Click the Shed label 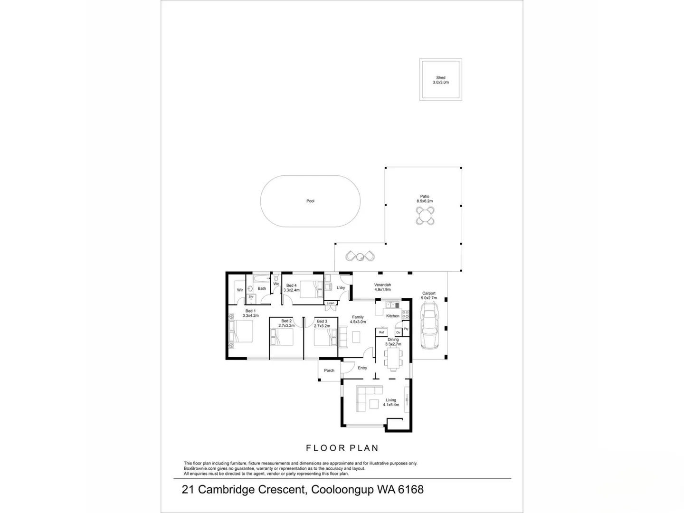(x=440, y=77)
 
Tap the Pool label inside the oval (x=310, y=201)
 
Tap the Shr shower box (x=251, y=297)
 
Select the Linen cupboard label (x=331, y=303)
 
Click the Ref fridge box (x=381, y=332)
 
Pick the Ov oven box (x=398, y=332)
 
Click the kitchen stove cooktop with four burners (x=406, y=314)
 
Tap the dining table (x=393, y=359)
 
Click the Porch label (x=329, y=370)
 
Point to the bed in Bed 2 (x=282, y=338)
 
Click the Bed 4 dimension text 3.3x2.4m (x=292, y=290)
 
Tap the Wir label (x=240, y=290)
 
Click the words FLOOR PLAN (x=342, y=448)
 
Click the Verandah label (x=382, y=285)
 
